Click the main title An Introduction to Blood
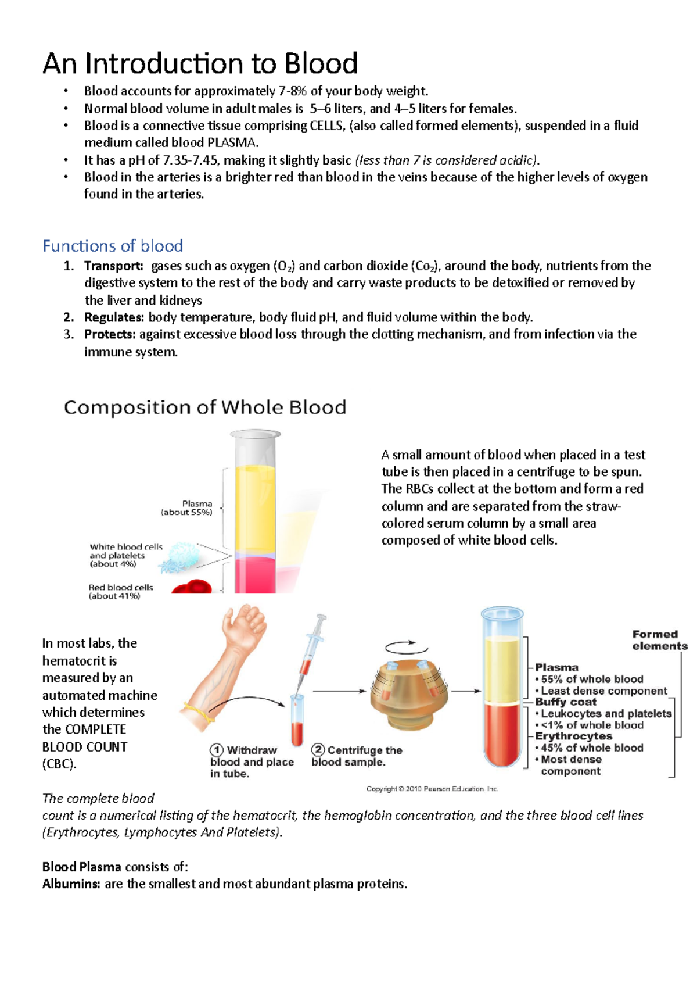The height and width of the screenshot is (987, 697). click(200, 64)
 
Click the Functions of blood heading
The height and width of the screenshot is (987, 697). click(113, 246)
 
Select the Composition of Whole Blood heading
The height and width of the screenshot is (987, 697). click(205, 407)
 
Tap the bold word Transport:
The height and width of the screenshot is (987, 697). click(114, 266)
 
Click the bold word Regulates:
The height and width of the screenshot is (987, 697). click(114, 317)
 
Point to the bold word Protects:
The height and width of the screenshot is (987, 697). click(110, 334)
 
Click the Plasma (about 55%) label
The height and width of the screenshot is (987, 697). click(187, 508)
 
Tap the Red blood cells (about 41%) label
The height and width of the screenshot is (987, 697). click(120, 592)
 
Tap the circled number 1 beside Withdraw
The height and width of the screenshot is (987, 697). click(217, 750)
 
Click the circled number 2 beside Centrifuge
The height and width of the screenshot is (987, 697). click(318, 750)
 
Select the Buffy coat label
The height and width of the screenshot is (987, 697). click(565, 702)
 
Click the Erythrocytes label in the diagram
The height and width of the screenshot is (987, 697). click(573, 736)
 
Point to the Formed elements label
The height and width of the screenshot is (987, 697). click(659, 640)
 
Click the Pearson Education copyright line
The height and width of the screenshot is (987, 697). click(432, 789)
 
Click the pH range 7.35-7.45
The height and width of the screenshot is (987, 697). click(192, 160)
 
